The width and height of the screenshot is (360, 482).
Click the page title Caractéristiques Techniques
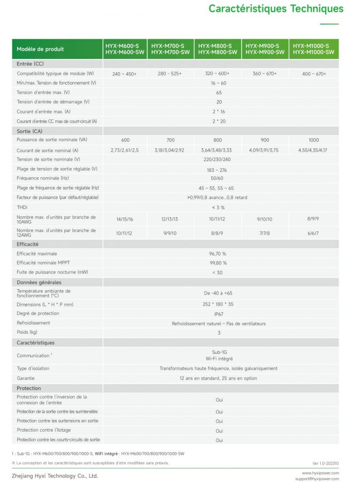(x=276, y=9)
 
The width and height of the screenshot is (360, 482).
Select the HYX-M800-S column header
(x=217, y=49)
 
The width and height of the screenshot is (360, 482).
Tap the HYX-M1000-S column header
(x=313, y=49)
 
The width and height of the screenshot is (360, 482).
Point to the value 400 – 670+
(x=314, y=73)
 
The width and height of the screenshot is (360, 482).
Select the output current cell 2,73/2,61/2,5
(x=124, y=150)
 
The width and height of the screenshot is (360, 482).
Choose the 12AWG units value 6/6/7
(x=314, y=234)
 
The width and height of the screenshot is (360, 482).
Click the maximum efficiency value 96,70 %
(x=217, y=254)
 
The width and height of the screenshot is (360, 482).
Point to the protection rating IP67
(x=219, y=313)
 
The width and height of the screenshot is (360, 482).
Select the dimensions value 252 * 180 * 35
(x=219, y=304)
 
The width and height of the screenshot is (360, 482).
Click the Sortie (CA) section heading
(x=30, y=131)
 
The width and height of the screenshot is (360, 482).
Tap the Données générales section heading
(x=39, y=282)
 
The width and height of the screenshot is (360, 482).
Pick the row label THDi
(x=22, y=207)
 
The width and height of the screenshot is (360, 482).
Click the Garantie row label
(x=26, y=378)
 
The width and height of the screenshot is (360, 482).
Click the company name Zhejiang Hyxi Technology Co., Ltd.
(x=55, y=476)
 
